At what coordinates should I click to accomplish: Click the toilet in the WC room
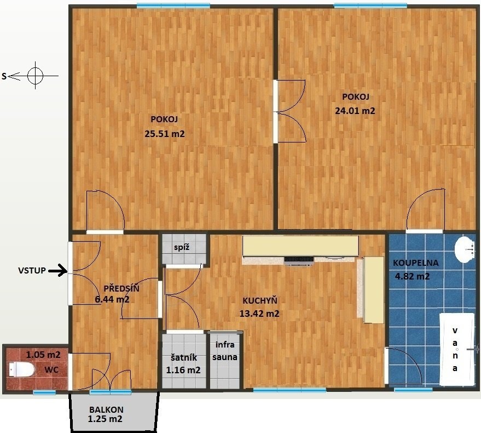click(x=21, y=369)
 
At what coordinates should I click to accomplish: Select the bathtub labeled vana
click(x=457, y=349)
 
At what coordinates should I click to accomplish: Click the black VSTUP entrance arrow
click(x=58, y=271)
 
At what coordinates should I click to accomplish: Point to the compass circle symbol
click(x=35, y=76)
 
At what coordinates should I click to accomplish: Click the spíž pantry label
click(x=182, y=247)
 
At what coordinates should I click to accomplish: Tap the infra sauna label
click(x=225, y=351)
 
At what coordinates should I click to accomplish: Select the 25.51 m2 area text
click(x=165, y=134)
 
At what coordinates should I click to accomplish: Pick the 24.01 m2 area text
click(x=355, y=111)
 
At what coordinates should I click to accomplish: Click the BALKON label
click(x=107, y=409)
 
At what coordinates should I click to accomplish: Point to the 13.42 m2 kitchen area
click(x=259, y=314)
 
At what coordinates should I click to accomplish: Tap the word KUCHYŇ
click(x=260, y=300)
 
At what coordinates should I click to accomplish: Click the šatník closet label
click(x=184, y=358)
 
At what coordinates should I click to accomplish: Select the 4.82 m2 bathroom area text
click(x=412, y=276)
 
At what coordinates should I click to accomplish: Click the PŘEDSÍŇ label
click(x=121, y=288)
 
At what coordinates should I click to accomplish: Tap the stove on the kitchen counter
click(x=299, y=260)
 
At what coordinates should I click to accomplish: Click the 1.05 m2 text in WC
click(x=43, y=355)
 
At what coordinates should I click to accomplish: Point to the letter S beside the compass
click(x=4, y=76)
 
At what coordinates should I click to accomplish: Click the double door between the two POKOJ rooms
click(x=289, y=111)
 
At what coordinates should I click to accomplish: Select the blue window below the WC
click(x=44, y=392)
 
